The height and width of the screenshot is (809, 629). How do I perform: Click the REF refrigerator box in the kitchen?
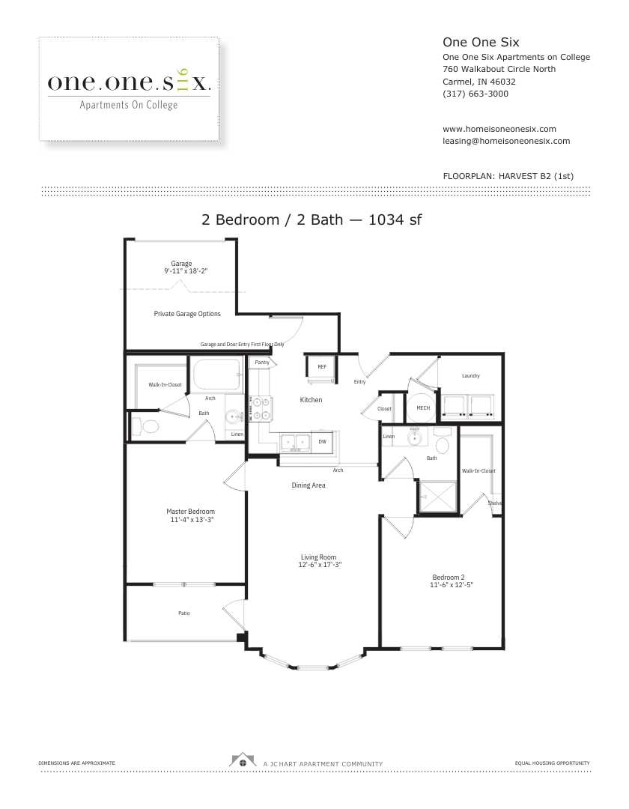pos(322,367)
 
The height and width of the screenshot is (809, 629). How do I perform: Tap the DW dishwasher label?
pos(322,442)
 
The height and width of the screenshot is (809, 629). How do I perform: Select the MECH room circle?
pos(423,407)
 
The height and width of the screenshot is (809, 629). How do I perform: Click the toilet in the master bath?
pos(146,427)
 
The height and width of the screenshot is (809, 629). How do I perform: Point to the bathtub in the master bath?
pos(216,374)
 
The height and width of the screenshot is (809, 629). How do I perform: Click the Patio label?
pos(184,613)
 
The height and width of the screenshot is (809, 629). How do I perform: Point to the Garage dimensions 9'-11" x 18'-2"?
pos(186,271)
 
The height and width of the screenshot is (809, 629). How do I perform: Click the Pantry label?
pos(262,363)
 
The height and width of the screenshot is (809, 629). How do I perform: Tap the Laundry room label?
pos(471,375)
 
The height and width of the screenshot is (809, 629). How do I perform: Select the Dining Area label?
pos(309,485)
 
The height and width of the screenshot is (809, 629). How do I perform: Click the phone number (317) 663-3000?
pos(475,94)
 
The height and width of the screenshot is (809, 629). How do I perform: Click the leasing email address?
pos(506,141)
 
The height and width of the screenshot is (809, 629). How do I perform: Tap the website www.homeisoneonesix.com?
pos(499,129)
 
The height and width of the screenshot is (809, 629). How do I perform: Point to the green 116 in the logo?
pos(182,80)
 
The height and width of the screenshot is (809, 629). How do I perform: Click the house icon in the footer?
pos(243,760)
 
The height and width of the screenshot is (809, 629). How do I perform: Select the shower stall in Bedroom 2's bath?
pos(438,497)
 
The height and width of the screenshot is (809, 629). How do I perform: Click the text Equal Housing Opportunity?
pos(552,763)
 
